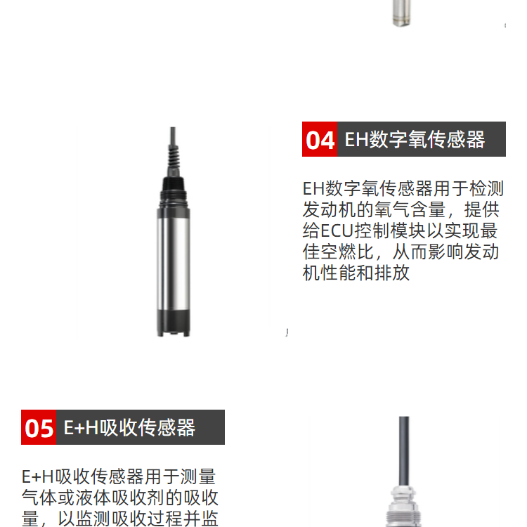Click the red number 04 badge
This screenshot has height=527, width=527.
point(320,139)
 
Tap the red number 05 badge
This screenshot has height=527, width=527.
point(39,427)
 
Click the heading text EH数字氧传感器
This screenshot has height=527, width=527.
point(415,140)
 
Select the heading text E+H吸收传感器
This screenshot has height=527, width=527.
point(129,427)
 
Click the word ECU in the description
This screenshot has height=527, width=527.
point(337,231)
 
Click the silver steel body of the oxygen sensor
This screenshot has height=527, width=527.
point(174,259)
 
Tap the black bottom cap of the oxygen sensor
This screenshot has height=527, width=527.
point(174,323)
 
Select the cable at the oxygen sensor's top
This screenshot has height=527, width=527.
point(173,137)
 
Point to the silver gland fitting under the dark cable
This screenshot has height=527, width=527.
point(403,506)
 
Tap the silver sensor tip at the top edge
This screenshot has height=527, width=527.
point(402,13)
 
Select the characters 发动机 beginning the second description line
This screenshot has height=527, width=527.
point(330,209)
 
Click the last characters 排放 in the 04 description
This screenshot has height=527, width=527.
point(392,273)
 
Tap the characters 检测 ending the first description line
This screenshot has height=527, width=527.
point(486,188)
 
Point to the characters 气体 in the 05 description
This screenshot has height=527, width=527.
point(39,497)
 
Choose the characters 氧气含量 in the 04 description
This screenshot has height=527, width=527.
point(410,209)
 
